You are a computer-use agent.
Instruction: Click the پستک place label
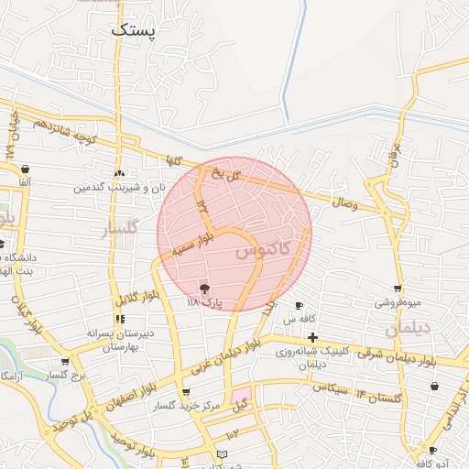134,29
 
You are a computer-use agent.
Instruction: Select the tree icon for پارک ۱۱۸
203,288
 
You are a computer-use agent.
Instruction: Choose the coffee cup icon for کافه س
299,305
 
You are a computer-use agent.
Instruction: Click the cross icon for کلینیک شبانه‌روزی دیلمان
312,338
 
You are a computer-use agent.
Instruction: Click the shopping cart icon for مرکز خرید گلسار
186,392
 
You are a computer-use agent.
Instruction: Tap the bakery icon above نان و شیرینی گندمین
119,173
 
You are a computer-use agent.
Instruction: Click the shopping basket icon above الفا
24,169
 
